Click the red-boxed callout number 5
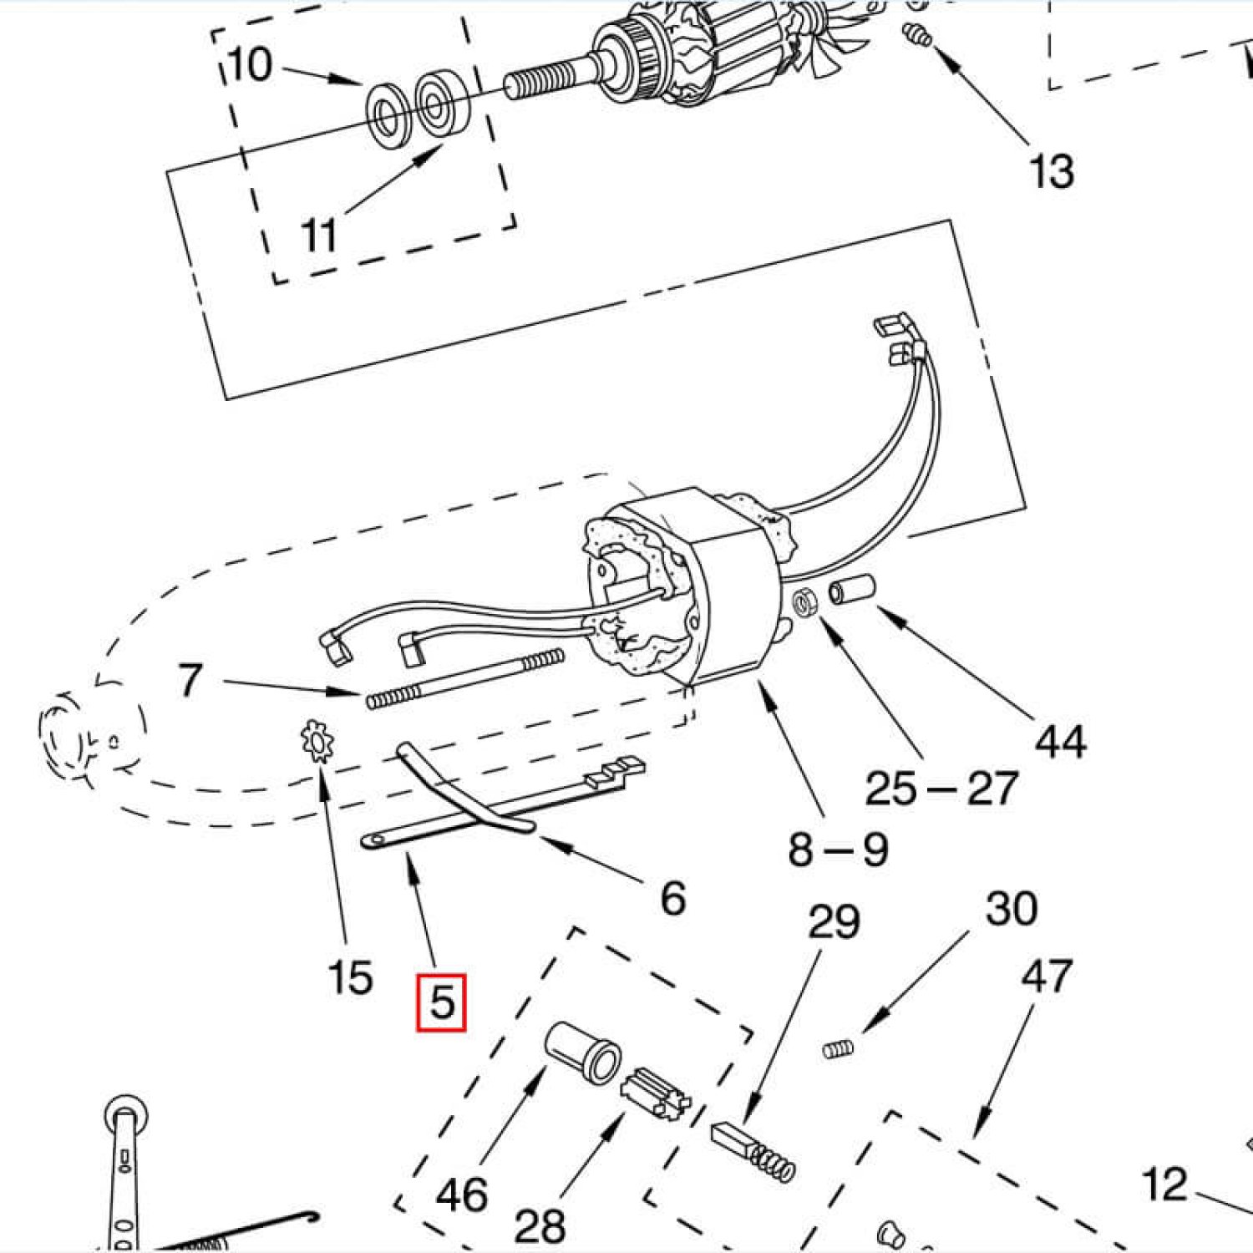(x=441, y=1002)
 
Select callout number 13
(x=1051, y=171)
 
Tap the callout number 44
(x=1060, y=742)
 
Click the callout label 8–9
(x=838, y=850)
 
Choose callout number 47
(x=1046, y=976)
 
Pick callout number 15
(x=350, y=977)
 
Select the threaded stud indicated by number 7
(x=464, y=678)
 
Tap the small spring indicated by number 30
(x=837, y=1048)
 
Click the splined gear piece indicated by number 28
(x=657, y=1095)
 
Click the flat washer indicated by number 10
(x=387, y=116)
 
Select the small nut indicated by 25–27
(x=807, y=603)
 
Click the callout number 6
(x=672, y=899)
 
